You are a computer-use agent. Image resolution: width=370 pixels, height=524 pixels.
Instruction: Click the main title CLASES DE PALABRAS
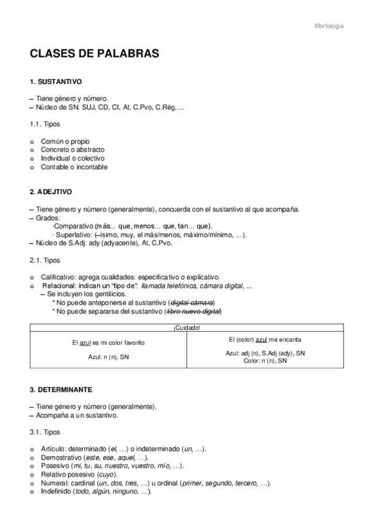click(x=95, y=54)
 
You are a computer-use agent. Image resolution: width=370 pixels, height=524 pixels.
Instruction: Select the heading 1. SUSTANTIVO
click(x=56, y=82)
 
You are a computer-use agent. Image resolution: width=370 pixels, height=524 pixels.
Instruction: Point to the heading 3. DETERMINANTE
click(x=61, y=390)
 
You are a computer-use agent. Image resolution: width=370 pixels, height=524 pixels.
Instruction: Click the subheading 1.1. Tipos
click(x=45, y=124)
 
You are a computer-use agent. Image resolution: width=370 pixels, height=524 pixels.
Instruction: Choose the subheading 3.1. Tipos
click(x=45, y=433)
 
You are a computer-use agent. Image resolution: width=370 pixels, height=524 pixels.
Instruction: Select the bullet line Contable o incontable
click(x=74, y=167)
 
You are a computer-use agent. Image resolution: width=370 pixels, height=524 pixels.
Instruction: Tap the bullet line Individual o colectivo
click(x=72, y=158)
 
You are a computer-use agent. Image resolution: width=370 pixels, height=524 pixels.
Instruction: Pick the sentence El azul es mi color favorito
click(x=107, y=342)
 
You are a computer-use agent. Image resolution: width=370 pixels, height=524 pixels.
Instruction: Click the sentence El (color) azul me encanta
click(x=265, y=339)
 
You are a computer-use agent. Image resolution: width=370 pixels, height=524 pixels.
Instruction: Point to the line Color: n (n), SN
click(x=265, y=360)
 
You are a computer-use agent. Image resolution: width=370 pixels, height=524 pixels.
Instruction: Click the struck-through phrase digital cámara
click(x=192, y=303)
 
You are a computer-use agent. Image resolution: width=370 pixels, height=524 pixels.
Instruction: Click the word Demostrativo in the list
click(x=61, y=457)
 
